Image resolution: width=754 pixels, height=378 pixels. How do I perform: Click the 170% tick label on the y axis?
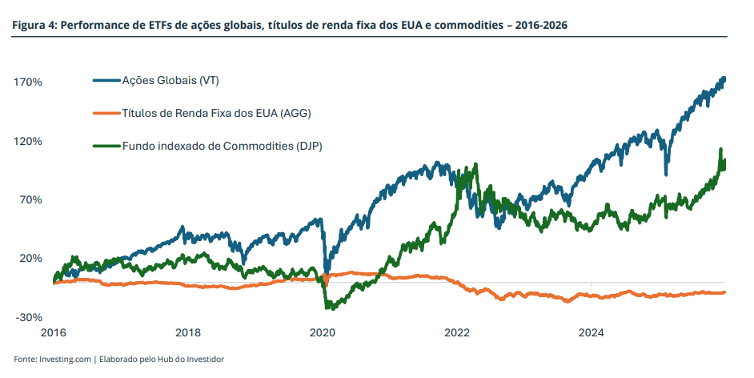(28, 82)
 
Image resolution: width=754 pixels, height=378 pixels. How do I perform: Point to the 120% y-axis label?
(28, 141)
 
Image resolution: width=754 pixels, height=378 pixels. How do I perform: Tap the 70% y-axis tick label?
(30, 199)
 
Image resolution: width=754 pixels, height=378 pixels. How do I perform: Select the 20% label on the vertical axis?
(30, 258)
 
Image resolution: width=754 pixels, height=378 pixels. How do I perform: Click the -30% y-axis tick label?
(29, 317)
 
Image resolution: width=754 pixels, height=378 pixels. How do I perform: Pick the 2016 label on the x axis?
(53, 332)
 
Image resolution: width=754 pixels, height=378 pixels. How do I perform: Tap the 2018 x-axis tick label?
(187, 332)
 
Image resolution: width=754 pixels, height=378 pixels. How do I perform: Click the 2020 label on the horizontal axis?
(322, 332)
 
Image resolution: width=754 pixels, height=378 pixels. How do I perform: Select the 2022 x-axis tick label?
(456, 332)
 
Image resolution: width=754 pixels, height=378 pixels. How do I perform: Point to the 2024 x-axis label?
(591, 332)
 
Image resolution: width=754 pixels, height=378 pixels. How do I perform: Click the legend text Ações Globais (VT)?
(170, 81)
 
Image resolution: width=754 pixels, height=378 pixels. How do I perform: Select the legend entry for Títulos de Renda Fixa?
(215, 113)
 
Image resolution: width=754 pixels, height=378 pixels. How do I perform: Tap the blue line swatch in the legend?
(106, 81)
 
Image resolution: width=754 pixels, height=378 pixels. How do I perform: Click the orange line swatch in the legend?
(106, 113)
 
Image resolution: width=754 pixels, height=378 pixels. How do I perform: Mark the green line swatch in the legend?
(106, 146)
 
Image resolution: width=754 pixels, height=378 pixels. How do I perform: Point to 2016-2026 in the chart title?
(540, 26)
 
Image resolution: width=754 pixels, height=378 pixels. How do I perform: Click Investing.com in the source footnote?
(65, 359)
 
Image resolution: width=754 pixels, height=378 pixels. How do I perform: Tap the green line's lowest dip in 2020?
(327, 307)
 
